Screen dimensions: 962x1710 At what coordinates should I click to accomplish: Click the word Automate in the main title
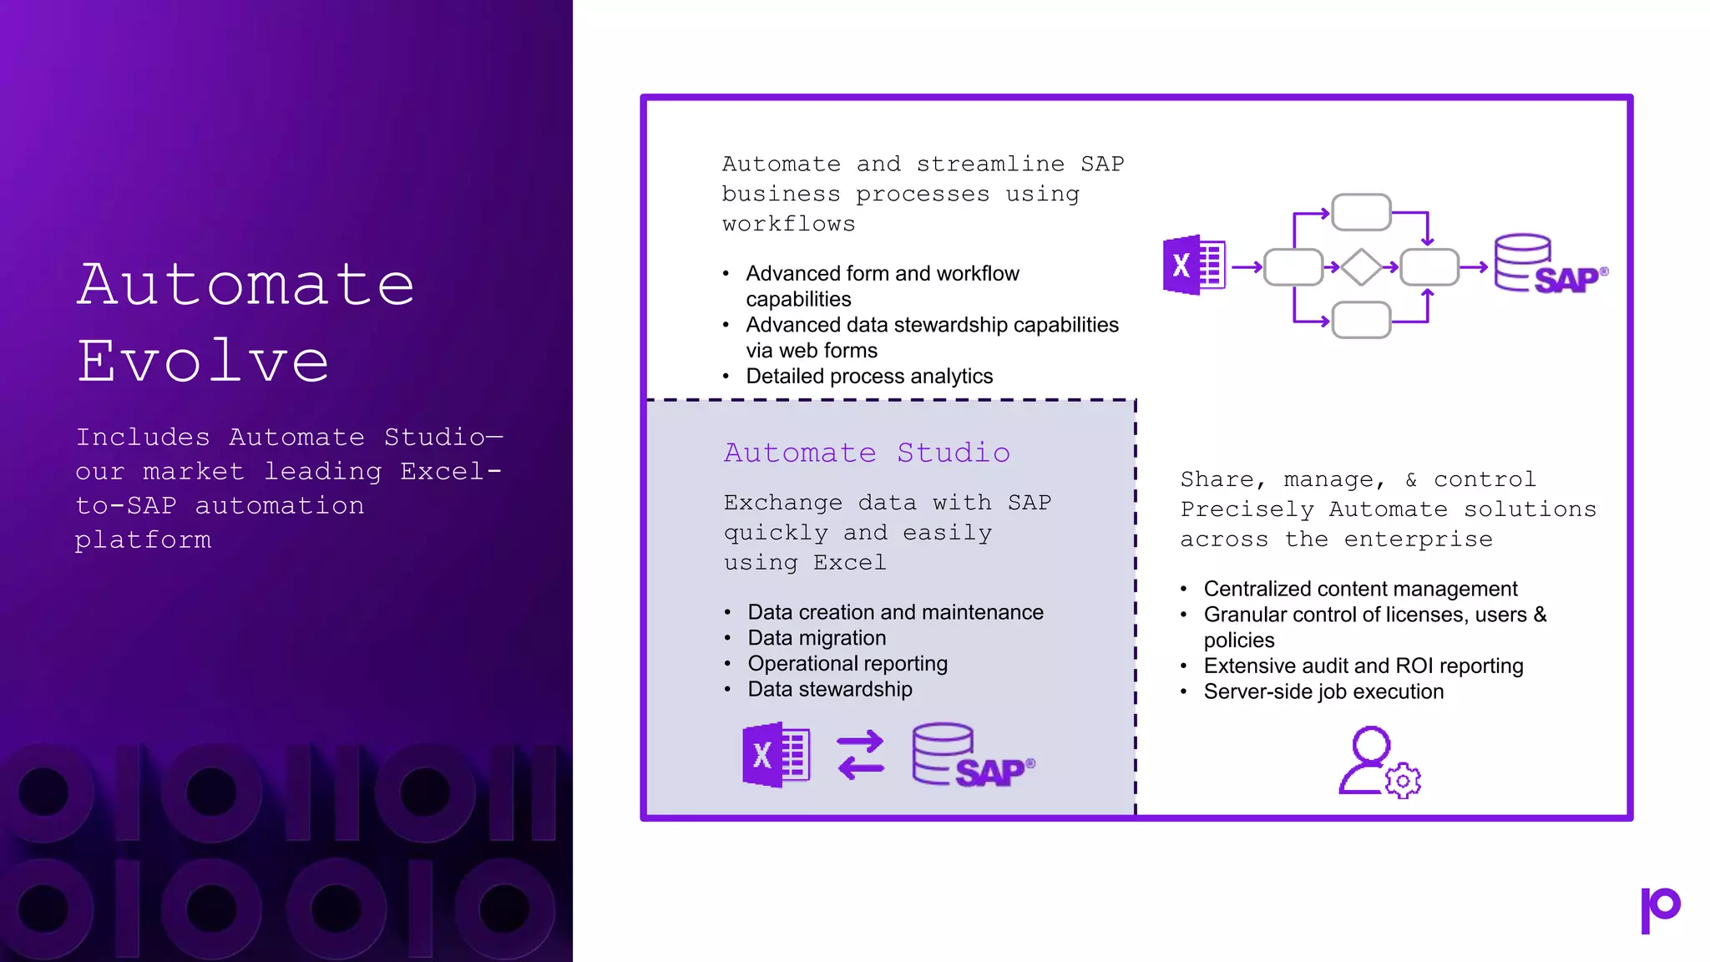pos(246,284)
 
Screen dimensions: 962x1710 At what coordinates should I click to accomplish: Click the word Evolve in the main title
pos(204,361)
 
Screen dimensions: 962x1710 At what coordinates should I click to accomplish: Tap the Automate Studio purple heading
pos(867,453)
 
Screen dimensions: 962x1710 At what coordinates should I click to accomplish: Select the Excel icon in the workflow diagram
pos(1194,266)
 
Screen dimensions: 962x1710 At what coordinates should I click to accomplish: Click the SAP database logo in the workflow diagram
pos(1549,266)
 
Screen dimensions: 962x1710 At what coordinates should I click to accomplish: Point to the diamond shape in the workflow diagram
pos(1361,267)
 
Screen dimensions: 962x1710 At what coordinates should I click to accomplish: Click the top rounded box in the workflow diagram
pos(1361,212)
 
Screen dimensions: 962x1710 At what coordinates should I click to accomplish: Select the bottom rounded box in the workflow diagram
pos(1361,321)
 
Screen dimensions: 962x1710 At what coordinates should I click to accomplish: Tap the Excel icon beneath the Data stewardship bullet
pos(776,755)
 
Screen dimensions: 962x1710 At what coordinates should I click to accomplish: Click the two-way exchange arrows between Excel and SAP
pos(860,755)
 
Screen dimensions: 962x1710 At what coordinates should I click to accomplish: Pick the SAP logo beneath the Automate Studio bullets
pos(973,757)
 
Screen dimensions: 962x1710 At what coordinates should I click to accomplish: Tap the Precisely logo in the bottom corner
pos(1660,909)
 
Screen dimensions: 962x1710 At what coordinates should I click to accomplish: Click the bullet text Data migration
pos(817,638)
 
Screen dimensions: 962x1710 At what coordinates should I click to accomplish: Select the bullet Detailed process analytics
pos(869,377)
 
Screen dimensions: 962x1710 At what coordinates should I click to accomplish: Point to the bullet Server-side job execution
pos(1323,692)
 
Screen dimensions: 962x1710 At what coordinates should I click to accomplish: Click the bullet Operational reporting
pos(847,664)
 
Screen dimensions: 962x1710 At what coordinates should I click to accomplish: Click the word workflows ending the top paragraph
pos(789,224)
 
